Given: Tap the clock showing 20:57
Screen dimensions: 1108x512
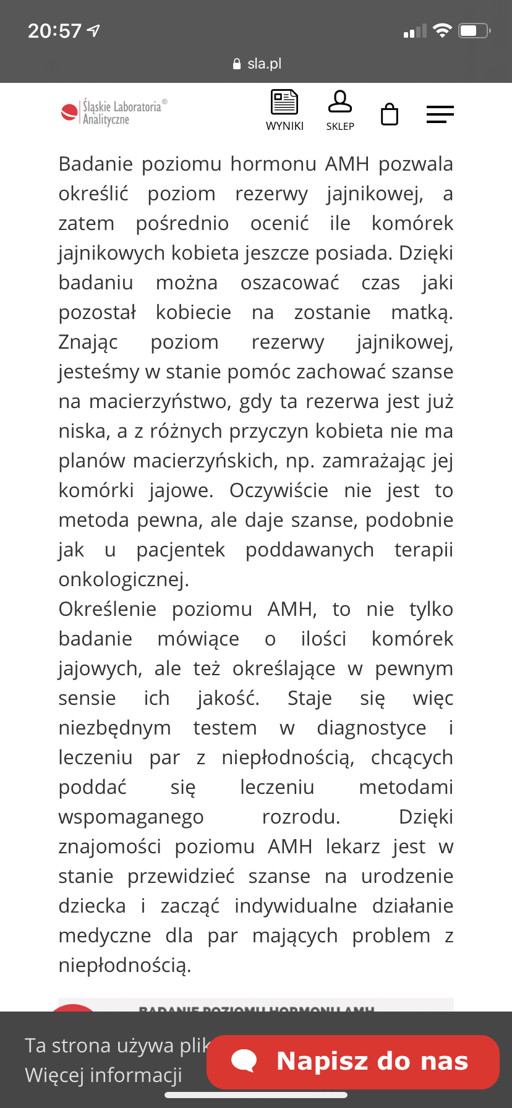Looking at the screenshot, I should pos(54,30).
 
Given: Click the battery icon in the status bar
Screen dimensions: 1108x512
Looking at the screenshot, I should pos(474,30).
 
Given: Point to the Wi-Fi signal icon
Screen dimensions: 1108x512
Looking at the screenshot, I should pos(442,30).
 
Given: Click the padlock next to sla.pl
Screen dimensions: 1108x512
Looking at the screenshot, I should pos(236,64).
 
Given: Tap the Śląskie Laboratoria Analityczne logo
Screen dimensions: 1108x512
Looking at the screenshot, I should pos(114,112).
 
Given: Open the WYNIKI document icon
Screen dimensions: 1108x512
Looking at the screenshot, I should pos(284,103).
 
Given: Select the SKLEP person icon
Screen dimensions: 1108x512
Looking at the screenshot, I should pos(340,102).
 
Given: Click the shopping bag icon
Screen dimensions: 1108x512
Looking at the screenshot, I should pos(390,114).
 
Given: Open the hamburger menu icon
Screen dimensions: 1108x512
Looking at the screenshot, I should pos(440,114).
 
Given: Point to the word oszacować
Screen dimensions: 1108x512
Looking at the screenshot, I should pos(289,283).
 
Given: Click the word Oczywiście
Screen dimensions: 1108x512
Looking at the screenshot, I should pos(279,491).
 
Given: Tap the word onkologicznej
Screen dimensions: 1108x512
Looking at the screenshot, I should pos(124,580).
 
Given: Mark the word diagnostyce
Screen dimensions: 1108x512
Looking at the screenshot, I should pos(371,728).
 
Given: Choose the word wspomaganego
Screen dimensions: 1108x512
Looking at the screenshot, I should pos(131,817).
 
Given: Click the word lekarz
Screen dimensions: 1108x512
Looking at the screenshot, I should pos(352,847).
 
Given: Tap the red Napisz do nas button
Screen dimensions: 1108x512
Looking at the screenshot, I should pos(352,1062).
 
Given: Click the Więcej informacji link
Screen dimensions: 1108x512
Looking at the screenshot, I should pos(103,1075).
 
